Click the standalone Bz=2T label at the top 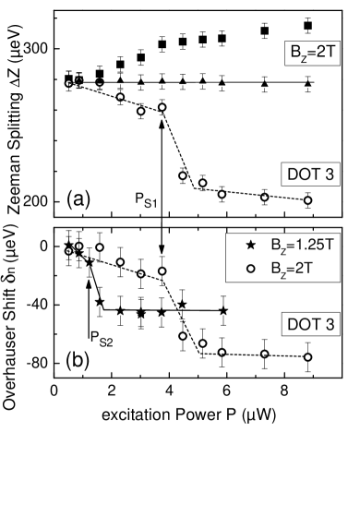point(310,54)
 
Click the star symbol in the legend point(250,246)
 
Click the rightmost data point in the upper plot point(307,200)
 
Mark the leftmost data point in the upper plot point(68,84)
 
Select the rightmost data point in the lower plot point(307,357)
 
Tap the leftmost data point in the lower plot point(68,250)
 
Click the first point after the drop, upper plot point(183,175)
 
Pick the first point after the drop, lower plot point(183,336)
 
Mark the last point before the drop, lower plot point(162,271)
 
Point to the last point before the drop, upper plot point(162,107)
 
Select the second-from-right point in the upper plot point(265,197)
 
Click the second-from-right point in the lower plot point(265,354)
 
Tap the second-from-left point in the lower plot point(79,246)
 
